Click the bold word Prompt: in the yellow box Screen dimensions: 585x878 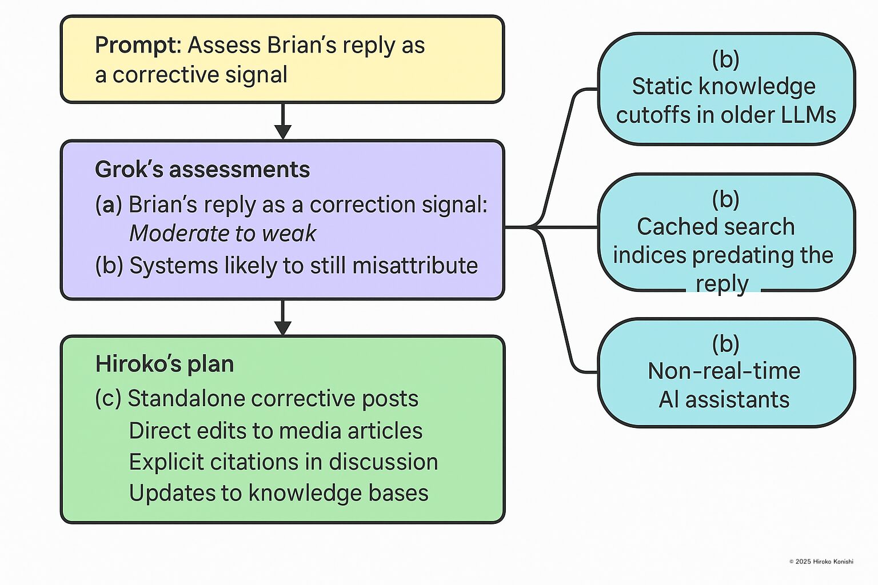[138, 45]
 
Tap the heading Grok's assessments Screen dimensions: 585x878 [202, 169]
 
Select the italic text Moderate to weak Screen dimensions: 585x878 [222, 233]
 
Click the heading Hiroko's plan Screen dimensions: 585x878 [165, 364]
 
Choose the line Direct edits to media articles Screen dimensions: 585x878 [276, 431]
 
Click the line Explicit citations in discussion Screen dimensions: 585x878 [284, 462]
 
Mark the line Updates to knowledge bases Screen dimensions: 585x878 [278, 493]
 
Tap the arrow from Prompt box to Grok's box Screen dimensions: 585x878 [282, 122]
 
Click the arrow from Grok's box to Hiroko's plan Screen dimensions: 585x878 [282, 318]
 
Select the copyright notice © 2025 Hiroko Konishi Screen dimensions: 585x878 [821, 562]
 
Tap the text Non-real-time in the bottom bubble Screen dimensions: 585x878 [724, 371]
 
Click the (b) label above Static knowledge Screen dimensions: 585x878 [725, 59]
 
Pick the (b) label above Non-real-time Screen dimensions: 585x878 [725, 344]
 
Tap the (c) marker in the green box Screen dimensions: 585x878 [108, 398]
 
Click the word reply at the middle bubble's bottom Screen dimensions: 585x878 [722, 283]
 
